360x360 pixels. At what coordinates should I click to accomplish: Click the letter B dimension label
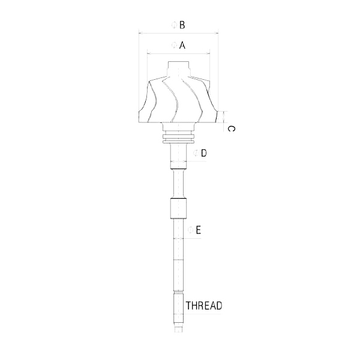[x=182, y=25]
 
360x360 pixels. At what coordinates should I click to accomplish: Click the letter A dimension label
[x=182, y=45]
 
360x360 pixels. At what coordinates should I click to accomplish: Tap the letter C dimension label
[x=231, y=129]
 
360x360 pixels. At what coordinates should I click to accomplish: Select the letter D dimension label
[x=203, y=153]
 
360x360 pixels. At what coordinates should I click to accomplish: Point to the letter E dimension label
[x=198, y=230]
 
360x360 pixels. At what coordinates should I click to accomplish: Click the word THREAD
[x=204, y=305]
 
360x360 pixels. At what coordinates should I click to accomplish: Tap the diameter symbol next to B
[x=175, y=25]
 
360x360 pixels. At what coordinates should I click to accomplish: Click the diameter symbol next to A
[x=175, y=45]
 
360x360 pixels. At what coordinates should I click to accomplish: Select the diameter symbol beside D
[x=196, y=153]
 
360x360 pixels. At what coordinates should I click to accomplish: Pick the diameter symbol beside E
[x=190, y=230]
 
